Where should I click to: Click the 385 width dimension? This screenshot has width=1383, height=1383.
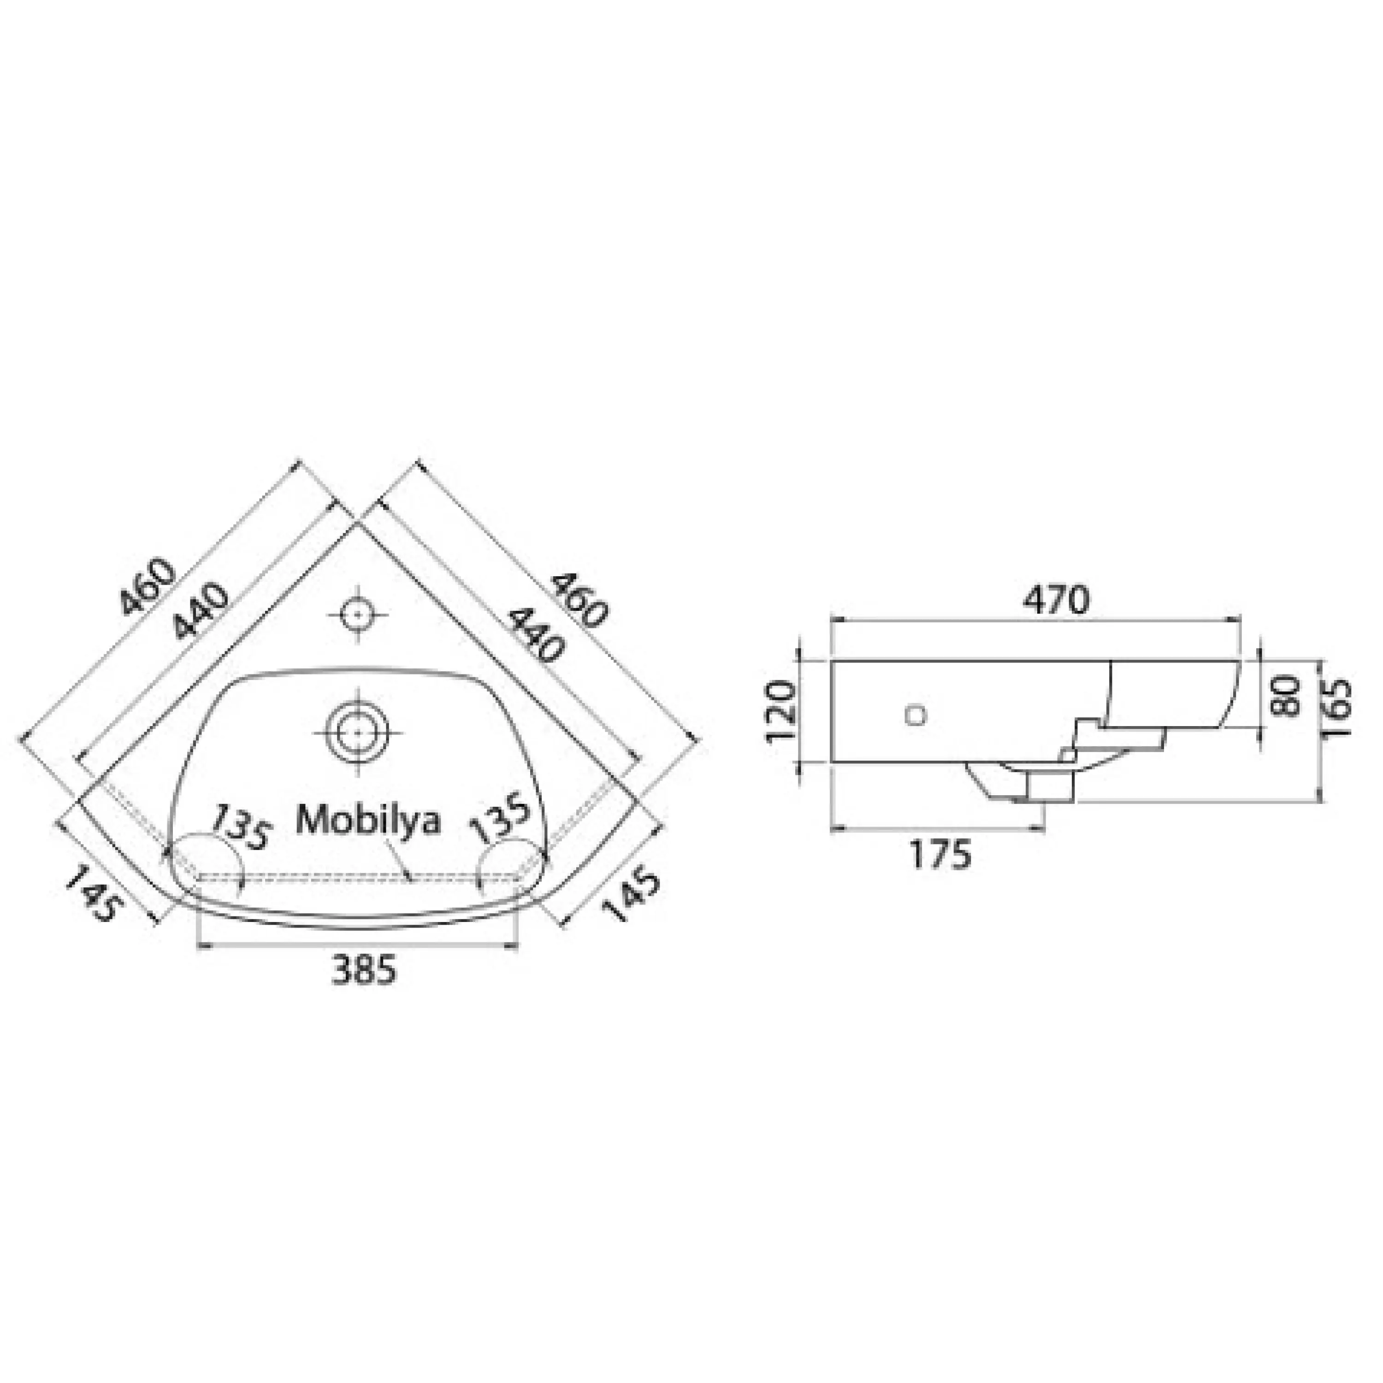tap(364, 970)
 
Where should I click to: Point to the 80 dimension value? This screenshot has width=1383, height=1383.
tap(1286, 694)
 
